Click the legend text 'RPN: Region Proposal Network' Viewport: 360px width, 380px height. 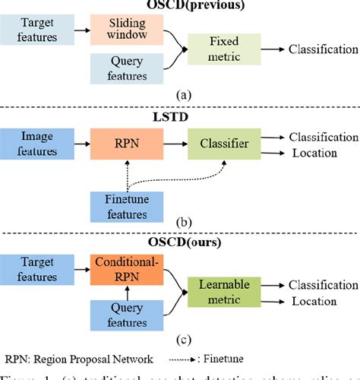pos(84,359)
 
